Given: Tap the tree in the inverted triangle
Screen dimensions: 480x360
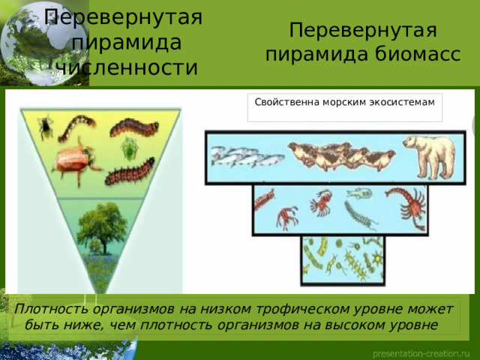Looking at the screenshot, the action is click(102, 227).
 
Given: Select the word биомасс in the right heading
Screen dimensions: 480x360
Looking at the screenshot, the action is click(418, 55).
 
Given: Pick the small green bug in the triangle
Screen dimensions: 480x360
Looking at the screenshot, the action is click(130, 148).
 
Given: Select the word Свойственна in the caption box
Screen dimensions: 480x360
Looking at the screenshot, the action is click(287, 102).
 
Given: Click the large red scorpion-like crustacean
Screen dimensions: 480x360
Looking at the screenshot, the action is click(408, 205).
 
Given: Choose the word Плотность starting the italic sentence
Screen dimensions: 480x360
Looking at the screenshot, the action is click(52, 309).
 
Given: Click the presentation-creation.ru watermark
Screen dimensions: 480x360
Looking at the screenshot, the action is click(421, 354).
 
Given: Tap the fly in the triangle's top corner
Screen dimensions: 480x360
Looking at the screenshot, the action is click(45, 127).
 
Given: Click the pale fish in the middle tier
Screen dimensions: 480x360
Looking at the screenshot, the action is click(359, 193).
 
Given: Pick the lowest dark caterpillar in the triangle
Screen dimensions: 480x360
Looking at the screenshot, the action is click(130, 172).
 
